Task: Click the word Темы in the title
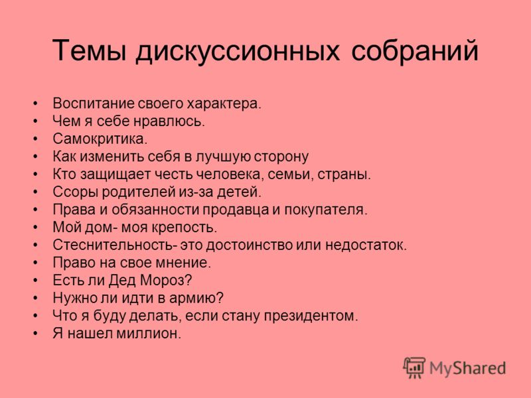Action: (90, 51)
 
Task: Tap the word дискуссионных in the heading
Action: (238, 52)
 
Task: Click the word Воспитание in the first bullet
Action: (94, 103)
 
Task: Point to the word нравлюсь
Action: (169, 121)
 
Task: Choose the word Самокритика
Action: (100, 139)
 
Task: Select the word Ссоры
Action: (75, 192)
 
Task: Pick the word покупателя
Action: (326, 210)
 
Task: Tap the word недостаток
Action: (366, 245)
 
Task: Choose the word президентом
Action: (311, 316)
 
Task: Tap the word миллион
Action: (149, 334)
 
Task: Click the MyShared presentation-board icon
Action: (414, 367)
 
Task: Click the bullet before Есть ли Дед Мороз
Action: (36, 281)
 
